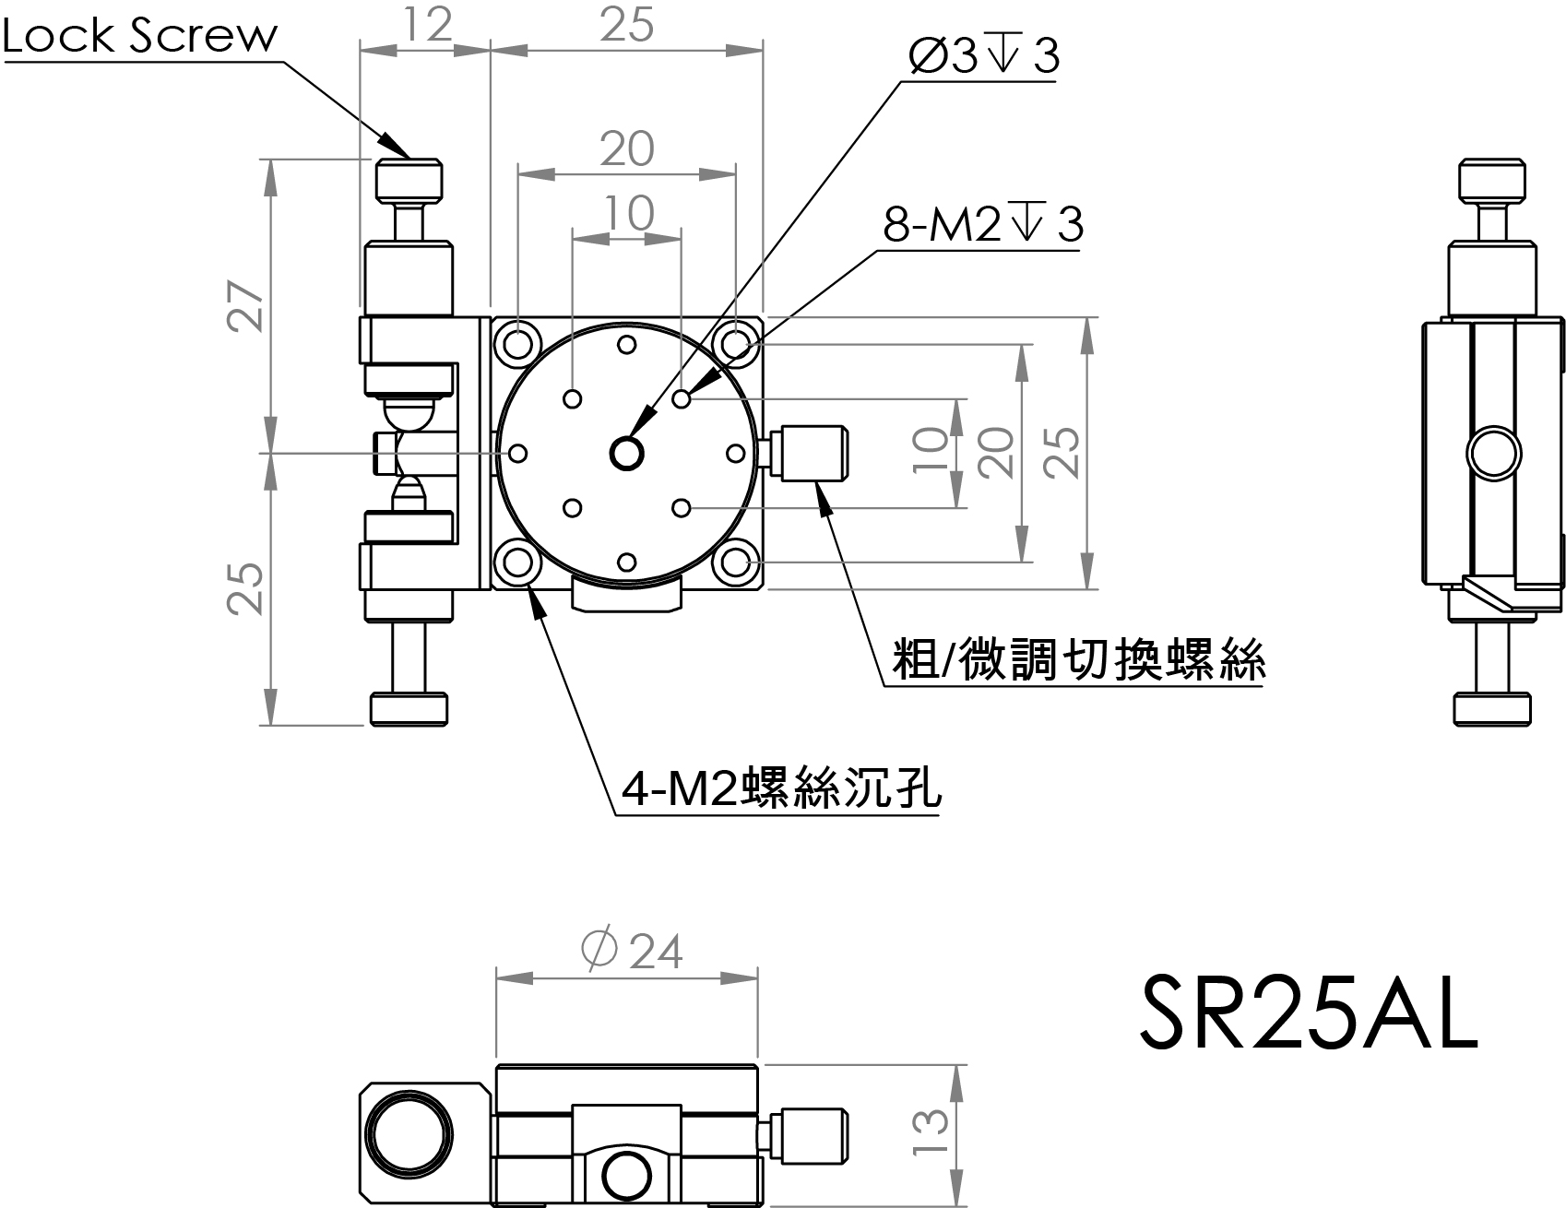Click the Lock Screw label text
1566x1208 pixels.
tap(140, 36)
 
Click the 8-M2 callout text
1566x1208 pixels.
tap(983, 224)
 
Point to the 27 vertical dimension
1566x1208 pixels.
tap(248, 305)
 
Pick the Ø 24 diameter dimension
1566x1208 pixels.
tap(634, 951)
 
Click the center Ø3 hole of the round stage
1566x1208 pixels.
tap(627, 453)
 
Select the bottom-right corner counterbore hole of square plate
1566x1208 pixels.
tap(735, 562)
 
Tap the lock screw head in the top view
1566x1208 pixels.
tap(409, 179)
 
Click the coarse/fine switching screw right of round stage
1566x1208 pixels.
tap(811, 453)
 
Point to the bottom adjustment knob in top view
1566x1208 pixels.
tap(409, 708)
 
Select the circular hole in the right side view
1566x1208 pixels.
tap(1493, 454)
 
